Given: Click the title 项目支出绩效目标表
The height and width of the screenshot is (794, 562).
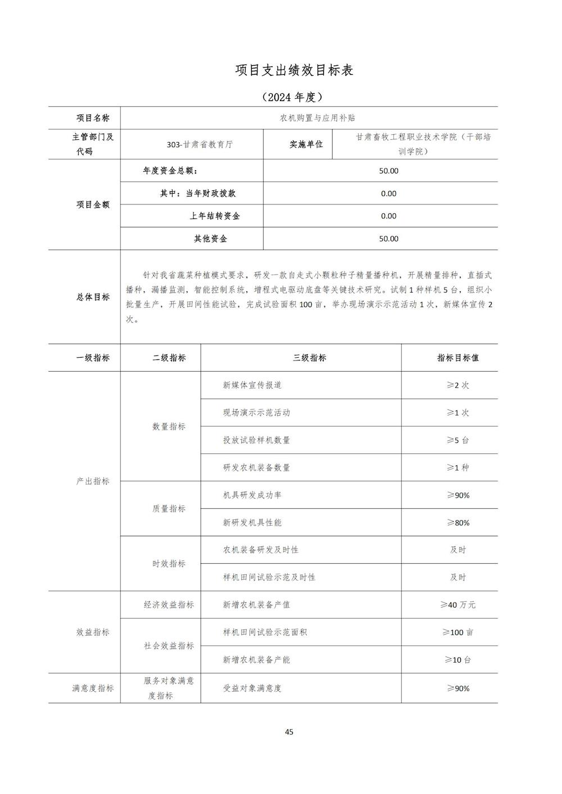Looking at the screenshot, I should point(294,70).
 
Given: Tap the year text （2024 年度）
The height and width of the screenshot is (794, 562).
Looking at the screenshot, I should point(292,97).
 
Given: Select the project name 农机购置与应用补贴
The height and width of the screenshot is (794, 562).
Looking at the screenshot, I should point(309,118).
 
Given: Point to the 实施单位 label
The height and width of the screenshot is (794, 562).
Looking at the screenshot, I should point(306,144).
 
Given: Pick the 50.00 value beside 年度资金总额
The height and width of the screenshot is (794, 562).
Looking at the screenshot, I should point(388,171).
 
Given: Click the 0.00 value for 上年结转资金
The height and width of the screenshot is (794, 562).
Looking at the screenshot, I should point(388,216).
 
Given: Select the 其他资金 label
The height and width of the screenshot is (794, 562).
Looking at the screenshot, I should point(211,239).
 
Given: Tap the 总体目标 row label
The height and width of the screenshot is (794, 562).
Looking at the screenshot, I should point(93,297).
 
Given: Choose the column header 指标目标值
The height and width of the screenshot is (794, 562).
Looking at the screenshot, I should point(458,358).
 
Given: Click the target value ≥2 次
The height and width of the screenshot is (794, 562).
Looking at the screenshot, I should point(457,385).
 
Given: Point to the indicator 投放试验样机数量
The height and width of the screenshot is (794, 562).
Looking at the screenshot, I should point(256,440).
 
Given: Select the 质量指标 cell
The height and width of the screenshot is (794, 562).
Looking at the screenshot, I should point(169,509).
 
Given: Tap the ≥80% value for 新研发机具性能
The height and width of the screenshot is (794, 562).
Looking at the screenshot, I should point(457,523).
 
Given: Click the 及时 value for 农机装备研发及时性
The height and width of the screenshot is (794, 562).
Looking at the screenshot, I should point(457,550).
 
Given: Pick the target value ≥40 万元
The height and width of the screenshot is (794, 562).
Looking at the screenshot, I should point(457,605).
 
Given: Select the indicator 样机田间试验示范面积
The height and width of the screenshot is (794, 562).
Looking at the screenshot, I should point(265,632).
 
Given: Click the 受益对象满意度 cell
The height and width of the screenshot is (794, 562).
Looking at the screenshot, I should point(252,688).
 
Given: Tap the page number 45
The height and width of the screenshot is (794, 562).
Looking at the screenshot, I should point(289,732).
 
